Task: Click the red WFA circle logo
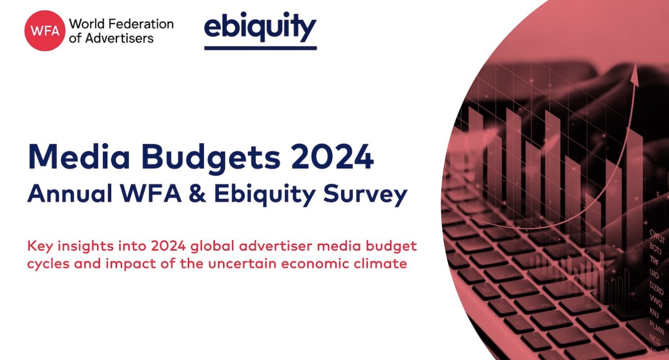point(45,31)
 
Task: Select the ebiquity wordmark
point(260,27)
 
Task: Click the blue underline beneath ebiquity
point(260,48)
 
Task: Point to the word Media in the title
point(79,157)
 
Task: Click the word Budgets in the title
point(211,159)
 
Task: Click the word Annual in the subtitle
point(70,193)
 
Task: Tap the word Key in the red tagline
point(41,246)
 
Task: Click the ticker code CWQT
point(657,237)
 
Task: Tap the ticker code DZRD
point(656,288)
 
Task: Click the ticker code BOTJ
point(655,248)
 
